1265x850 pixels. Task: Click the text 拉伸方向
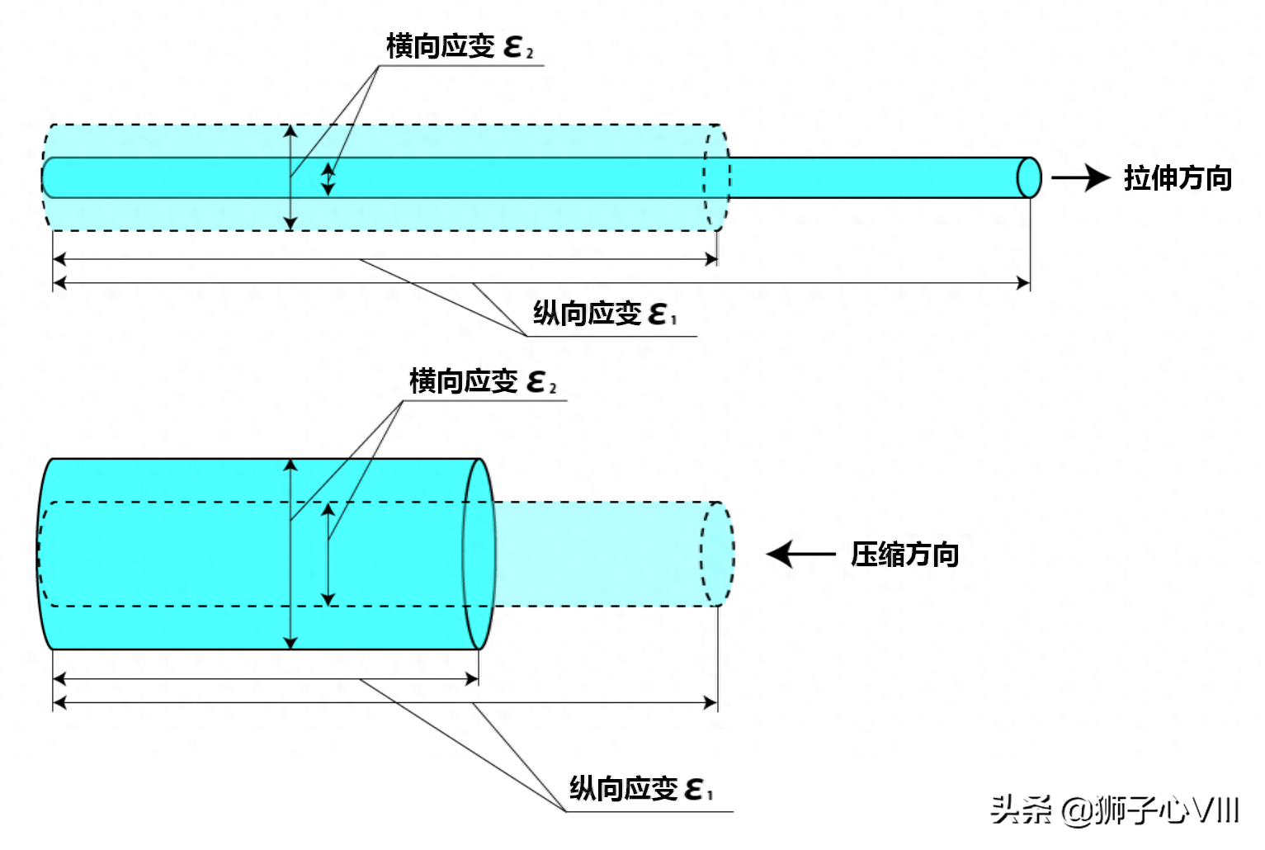(1177, 178)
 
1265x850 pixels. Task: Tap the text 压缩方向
(904, 555)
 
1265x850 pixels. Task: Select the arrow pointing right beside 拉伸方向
(1081, 177)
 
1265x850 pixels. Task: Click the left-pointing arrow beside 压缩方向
(800, 554)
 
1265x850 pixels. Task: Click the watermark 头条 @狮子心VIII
(1114, 810)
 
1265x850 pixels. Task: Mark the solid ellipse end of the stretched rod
(1028, 177)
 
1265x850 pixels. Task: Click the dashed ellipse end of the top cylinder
(716, 177)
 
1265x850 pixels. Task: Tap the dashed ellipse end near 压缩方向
(717, 554)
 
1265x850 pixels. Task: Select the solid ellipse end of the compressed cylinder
(479, 554)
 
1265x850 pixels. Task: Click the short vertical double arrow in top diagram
(328, 178)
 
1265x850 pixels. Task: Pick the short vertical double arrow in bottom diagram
(328, 554)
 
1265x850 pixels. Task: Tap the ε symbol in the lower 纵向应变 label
(695, 790)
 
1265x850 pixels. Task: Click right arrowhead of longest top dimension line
(1024, 283)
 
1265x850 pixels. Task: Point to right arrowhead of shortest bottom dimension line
(473, 679)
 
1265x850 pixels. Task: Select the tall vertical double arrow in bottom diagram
(290, 554)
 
